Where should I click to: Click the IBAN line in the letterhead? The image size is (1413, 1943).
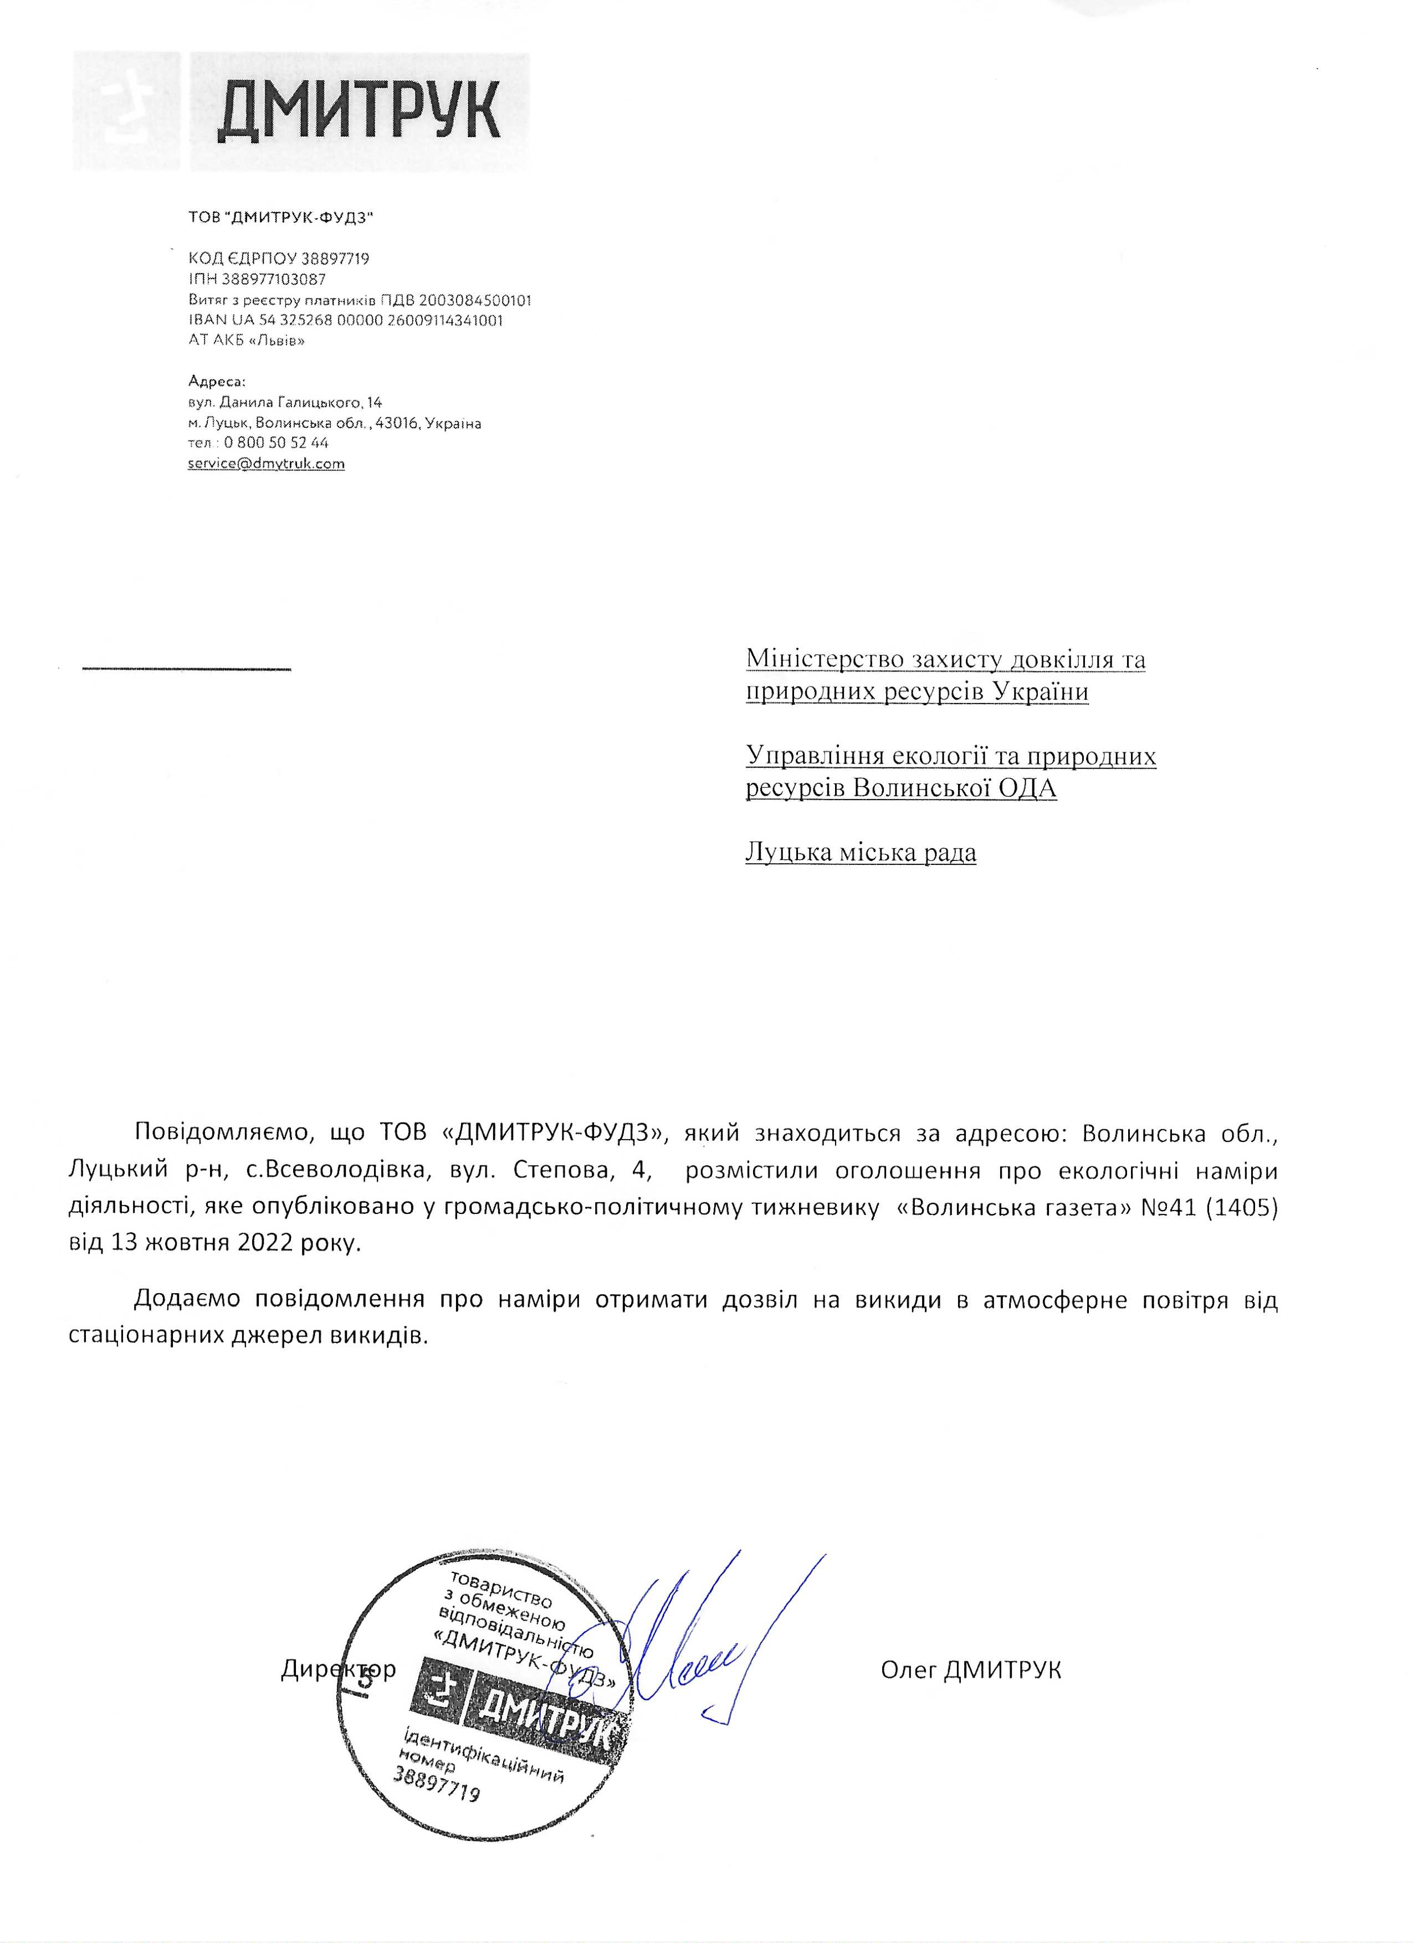[345, 320]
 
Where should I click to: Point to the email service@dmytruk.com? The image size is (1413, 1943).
[267, 464]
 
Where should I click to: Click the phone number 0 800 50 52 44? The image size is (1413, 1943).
[277, 443]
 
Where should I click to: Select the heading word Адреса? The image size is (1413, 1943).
[217, 381]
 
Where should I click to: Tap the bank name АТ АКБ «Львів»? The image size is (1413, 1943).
[247, 340]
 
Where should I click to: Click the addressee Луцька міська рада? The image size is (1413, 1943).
[861, 853]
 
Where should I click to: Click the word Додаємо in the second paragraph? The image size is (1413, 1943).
[188, 1300]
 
